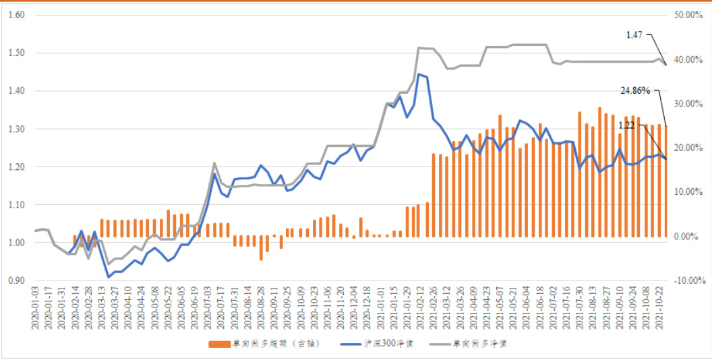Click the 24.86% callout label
pyautogui.click(x=634, y=89)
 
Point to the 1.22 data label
pyautogui.click(x=627, y=125)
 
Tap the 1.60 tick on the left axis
pyautogui.click(x=15, y=14)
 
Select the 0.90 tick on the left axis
pyautogui.click(x=15, y=280)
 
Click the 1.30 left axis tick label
pyautogui.click(x=15, y=129)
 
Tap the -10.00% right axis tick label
pyautogui.click(x=688, y=280)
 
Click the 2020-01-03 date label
pyautogui.click(x=35, y=307)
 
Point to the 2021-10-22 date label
pyautogui.click(x=664, y=307)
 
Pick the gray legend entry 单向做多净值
pyautogui.click(x=482, y=344)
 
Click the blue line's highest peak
pyautogui.click(x=419, y=74)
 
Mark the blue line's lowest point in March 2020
pyautogui.click(x=108, y=277)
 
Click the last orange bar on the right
pyautogui.click(x=665, y=181)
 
